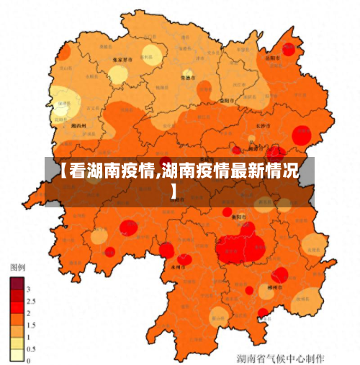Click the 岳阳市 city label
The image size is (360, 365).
tap(272, 58)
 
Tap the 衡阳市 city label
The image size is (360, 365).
tap(238, 215)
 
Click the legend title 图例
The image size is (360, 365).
tap(17, 267)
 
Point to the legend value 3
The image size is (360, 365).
tap(27, 288)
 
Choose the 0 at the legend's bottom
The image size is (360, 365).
tap(27, 359)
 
